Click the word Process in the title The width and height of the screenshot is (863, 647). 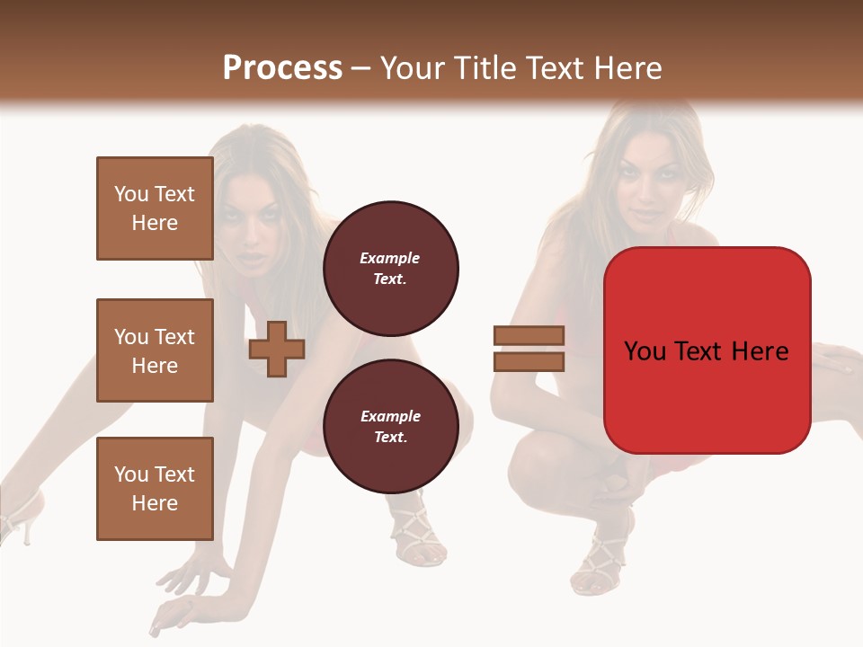[282, 68]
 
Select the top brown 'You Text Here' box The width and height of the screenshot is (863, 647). [155, 208]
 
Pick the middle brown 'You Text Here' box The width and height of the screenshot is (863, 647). [155, 350]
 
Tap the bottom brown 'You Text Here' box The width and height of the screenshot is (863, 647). [155, 489]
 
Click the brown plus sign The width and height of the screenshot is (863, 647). [277, 349]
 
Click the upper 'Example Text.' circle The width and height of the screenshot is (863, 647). [390, 268]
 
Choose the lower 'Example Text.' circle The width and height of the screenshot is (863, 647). [390, 427]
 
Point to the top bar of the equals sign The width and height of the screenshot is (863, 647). [529, 335]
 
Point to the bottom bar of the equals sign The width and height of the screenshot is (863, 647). [529, 362]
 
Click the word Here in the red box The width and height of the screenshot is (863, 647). [760, 350]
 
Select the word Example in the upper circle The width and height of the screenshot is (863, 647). [390, 258]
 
